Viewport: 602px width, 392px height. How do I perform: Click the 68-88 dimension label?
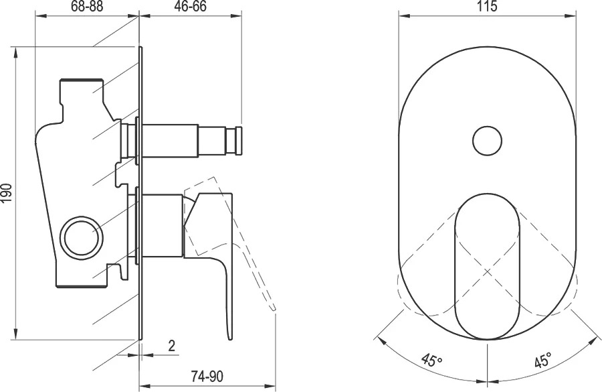tap(87, 7)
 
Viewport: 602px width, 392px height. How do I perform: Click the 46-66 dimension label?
tap(191, 7)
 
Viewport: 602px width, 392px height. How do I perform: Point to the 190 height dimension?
tap(7, 193)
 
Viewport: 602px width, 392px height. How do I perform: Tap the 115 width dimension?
tap(487, 7)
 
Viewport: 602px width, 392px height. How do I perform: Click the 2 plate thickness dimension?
tap(172, 346)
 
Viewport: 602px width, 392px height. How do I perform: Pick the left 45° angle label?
tap(431, 361)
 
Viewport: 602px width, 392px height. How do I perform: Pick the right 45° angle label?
tap(543, 361)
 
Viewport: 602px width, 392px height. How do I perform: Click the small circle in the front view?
tap(487, 141)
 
